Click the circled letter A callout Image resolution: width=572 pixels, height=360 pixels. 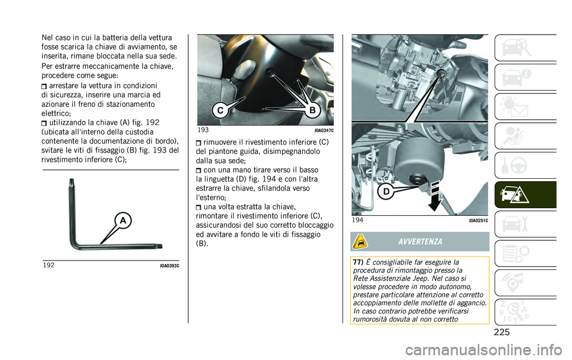click(x=123, y=221)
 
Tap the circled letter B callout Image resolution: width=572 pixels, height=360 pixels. click(x=313, y=110)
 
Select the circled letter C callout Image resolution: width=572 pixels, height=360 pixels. click(x=220, y=110)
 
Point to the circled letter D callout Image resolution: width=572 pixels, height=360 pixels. click(x=386, y=191)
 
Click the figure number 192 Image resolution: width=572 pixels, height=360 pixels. click(x=48, y=265)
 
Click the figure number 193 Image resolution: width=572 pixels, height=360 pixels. click(x=203, y=130)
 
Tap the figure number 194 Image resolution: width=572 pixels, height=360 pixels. click(x=357, y=220)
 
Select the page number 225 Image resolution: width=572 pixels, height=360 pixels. click(x=502, y=332)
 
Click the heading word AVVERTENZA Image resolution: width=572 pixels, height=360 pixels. click(x=420, y=242)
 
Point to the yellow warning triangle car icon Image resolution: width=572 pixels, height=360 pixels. click(x=360, y=241)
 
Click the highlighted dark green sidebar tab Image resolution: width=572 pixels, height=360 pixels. click(x=526, y=195)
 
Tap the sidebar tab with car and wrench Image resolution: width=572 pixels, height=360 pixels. click(x=526, y=224)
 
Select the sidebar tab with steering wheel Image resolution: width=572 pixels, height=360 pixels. click(x=526, y=165)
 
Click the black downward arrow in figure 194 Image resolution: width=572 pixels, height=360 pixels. click(x=435, y=196)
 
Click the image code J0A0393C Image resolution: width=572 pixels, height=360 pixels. click(x=169, y=266)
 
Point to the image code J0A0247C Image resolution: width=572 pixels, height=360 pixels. click(x=324, y=131)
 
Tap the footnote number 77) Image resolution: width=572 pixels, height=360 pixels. click(x=359, y=262)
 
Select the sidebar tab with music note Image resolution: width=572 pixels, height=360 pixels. click(x=526, y=283)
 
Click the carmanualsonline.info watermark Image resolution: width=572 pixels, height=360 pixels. click(x=483, y=350)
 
